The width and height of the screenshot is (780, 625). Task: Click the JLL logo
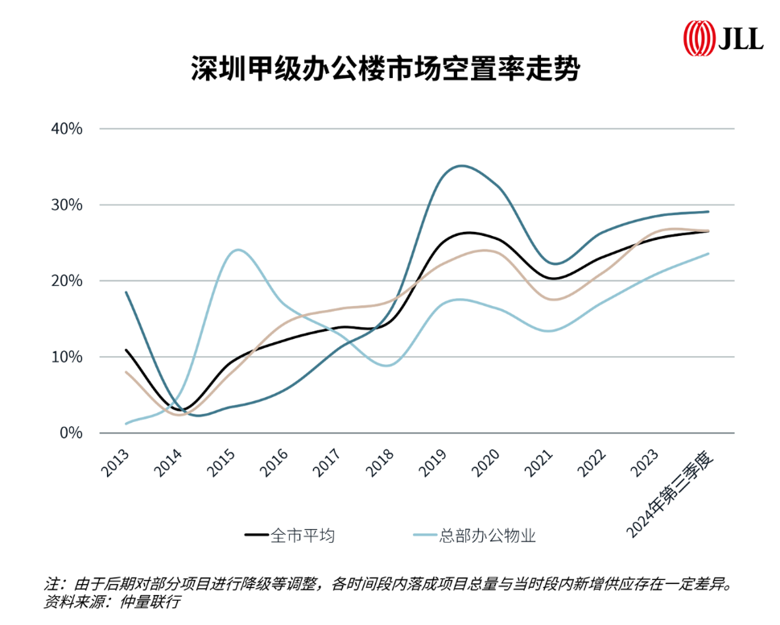tap(723, 37)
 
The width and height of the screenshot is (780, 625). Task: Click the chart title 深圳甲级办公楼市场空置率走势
tap(385, 69)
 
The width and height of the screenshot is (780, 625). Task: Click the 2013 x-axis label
tap(117, 462)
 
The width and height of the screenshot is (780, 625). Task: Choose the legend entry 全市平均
tap(303, 534)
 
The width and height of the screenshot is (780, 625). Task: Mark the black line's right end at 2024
tap(708, 231)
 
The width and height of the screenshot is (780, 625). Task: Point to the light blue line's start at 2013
tap(126, 423)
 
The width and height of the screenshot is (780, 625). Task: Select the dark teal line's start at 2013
tap(126, 292)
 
